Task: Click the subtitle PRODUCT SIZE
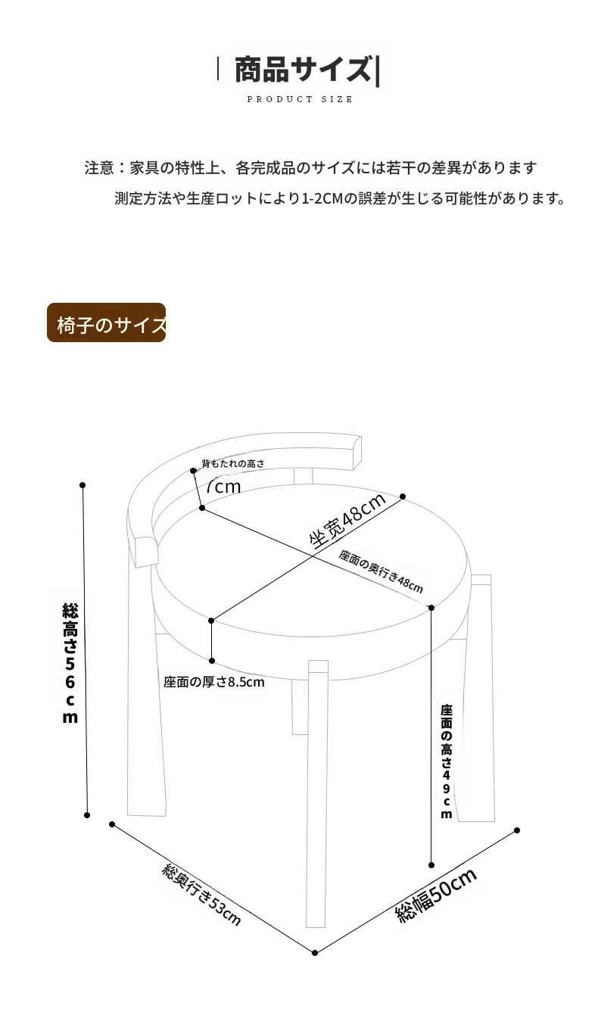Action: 300,99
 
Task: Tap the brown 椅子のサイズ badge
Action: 107,323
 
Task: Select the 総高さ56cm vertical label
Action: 70,663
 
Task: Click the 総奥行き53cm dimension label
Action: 201,894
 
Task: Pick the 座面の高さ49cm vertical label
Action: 447,761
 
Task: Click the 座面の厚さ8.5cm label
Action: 214,682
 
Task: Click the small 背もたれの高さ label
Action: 232,463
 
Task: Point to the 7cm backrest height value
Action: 223,486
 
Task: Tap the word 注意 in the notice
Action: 98,167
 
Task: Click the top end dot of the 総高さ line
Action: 83,485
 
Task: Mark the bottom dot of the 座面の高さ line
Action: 431,864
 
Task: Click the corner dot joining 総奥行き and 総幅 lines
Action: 315,952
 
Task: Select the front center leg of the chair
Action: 317,795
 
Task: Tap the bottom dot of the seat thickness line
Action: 212,661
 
